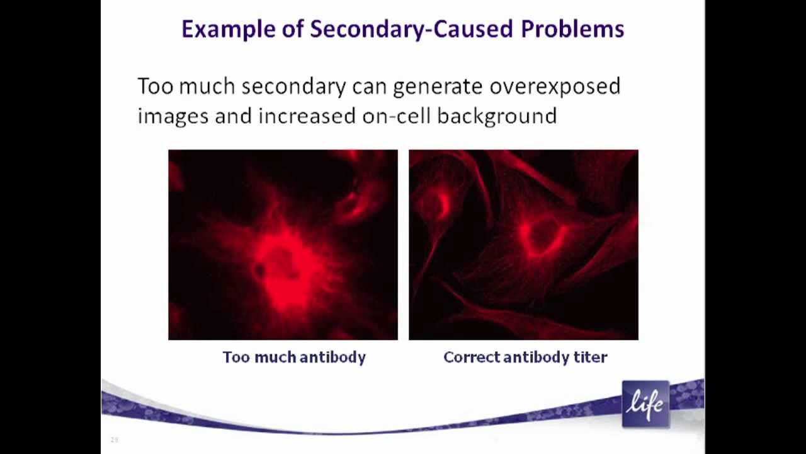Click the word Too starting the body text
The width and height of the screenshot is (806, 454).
point(156,86)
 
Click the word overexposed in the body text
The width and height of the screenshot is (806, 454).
point(555,87)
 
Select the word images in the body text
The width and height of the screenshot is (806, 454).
point(173,117)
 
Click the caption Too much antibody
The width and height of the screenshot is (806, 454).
point(294,357)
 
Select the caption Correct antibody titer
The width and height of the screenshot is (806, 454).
point(525,357)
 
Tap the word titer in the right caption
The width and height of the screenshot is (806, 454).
point(591,357)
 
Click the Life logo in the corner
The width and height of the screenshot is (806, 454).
point(645,404)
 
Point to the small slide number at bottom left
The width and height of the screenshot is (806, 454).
point(115,439)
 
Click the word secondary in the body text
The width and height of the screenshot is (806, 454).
point(293,87)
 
